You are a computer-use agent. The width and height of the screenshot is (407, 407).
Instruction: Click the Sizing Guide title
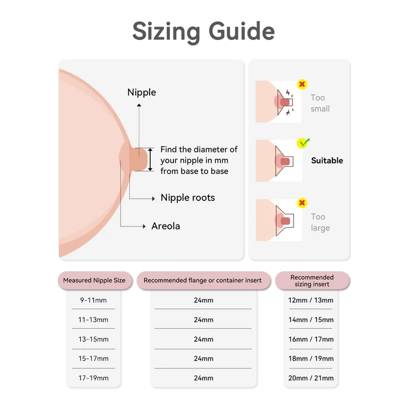tap(203, 31)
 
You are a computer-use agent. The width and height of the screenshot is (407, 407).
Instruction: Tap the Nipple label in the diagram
tap(141, 92)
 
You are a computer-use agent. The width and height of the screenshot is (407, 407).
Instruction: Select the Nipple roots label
tap(188, 197)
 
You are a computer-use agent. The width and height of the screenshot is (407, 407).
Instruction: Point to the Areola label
tap(166, 226)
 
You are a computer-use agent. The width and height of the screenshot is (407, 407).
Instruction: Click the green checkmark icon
tap(304, 143)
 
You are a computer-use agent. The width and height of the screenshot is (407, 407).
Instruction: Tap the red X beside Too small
tap(302, 84)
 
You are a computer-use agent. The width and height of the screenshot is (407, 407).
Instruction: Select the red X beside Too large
tap(302, 203)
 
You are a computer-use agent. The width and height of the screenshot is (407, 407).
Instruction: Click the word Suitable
tap(327, 160)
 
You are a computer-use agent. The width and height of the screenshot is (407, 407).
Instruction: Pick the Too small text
tap(320, 103)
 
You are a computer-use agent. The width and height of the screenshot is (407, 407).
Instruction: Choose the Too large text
tap(320, 222)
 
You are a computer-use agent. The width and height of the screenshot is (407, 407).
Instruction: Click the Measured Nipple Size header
tap(94, 280)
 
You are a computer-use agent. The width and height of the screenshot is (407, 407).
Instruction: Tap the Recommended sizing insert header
tap(312, 281)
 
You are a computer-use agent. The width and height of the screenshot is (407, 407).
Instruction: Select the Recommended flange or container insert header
tap(202, 280)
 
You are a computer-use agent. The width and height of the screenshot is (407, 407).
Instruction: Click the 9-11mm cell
tap(94, 300)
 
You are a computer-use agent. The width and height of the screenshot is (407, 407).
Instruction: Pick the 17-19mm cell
tap(94, 378)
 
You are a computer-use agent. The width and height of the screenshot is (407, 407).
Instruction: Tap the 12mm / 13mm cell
tap(311, 300)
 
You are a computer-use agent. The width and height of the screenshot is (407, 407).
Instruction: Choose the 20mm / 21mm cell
tap(311, 378)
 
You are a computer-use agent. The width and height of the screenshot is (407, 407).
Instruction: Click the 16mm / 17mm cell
tap(311, 339)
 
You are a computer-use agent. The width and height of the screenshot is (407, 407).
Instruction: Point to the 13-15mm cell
tap(94, 339)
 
